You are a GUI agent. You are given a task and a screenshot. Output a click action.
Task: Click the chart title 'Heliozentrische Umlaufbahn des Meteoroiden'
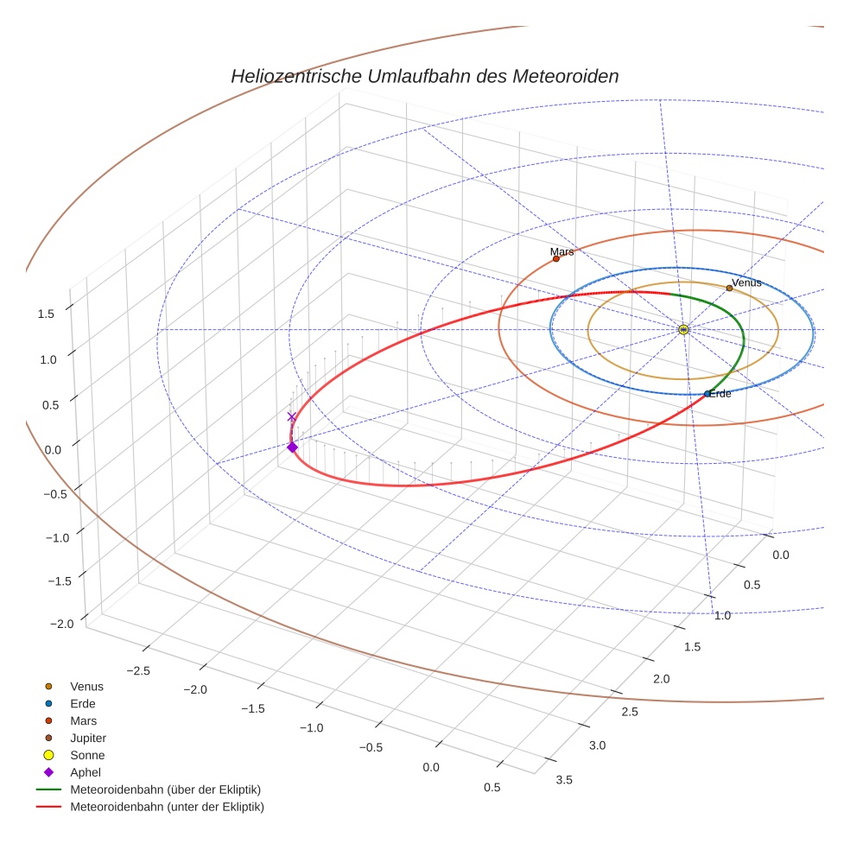click(424, 76)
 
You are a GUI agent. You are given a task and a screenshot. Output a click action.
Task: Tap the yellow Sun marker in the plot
click(683, 329)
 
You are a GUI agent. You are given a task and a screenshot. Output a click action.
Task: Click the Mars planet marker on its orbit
click(556, 258)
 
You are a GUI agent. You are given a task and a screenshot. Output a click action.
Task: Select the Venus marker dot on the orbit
click(729, 289)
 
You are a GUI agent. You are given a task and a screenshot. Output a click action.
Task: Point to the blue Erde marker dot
click(707, 394)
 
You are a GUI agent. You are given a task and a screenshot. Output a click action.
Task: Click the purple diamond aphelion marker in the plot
click(292, 447)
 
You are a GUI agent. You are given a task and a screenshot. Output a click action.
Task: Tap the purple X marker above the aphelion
click(291, 416)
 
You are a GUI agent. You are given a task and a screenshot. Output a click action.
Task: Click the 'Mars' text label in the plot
click(561, 251)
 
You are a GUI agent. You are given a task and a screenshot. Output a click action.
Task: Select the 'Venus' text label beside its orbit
click(746, 282)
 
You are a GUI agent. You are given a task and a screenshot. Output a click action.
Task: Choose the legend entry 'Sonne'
click(87, 755)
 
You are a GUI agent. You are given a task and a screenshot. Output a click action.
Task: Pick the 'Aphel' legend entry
click(86, 772)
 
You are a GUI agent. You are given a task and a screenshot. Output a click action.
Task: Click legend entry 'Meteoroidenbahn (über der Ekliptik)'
click(165, 790)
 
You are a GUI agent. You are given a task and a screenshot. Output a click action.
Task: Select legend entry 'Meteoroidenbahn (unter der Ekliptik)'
click(167, 807)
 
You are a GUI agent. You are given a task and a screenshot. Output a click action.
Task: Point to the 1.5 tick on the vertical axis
click(46, 314)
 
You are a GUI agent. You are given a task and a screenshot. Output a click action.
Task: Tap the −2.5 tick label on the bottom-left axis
click(139, 669)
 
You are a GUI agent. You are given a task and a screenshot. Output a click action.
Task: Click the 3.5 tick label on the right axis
click(563, 779)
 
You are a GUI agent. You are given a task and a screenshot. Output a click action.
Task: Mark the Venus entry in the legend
click(86, 686)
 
